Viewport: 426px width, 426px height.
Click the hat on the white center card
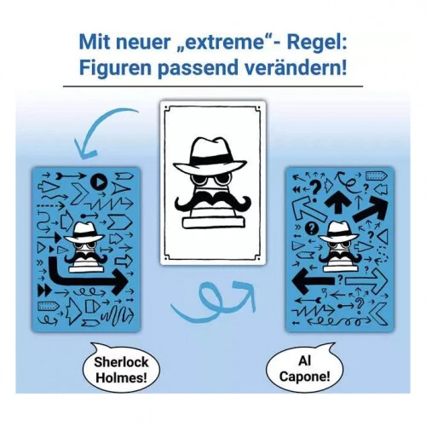(x=213, y=157)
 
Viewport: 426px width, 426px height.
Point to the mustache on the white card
(x=213, y=203)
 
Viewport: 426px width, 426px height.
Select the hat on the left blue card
(x=83, y=233)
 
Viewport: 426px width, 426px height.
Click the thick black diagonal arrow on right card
(x=368, y=208)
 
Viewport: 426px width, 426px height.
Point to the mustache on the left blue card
(x=83, y=253)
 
